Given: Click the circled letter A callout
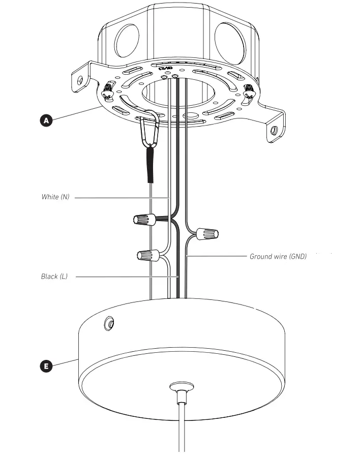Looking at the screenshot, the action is [46, 120].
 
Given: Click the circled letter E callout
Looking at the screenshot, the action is [46, 366].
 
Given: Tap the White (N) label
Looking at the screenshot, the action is [55, 197].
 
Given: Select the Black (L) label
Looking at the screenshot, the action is [54, 277].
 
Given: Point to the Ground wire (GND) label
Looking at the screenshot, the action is [278, 257].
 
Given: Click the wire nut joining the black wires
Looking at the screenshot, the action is [144, 219].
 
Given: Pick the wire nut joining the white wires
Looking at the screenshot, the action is [148, 255].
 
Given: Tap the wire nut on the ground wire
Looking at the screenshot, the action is [207, 234].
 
